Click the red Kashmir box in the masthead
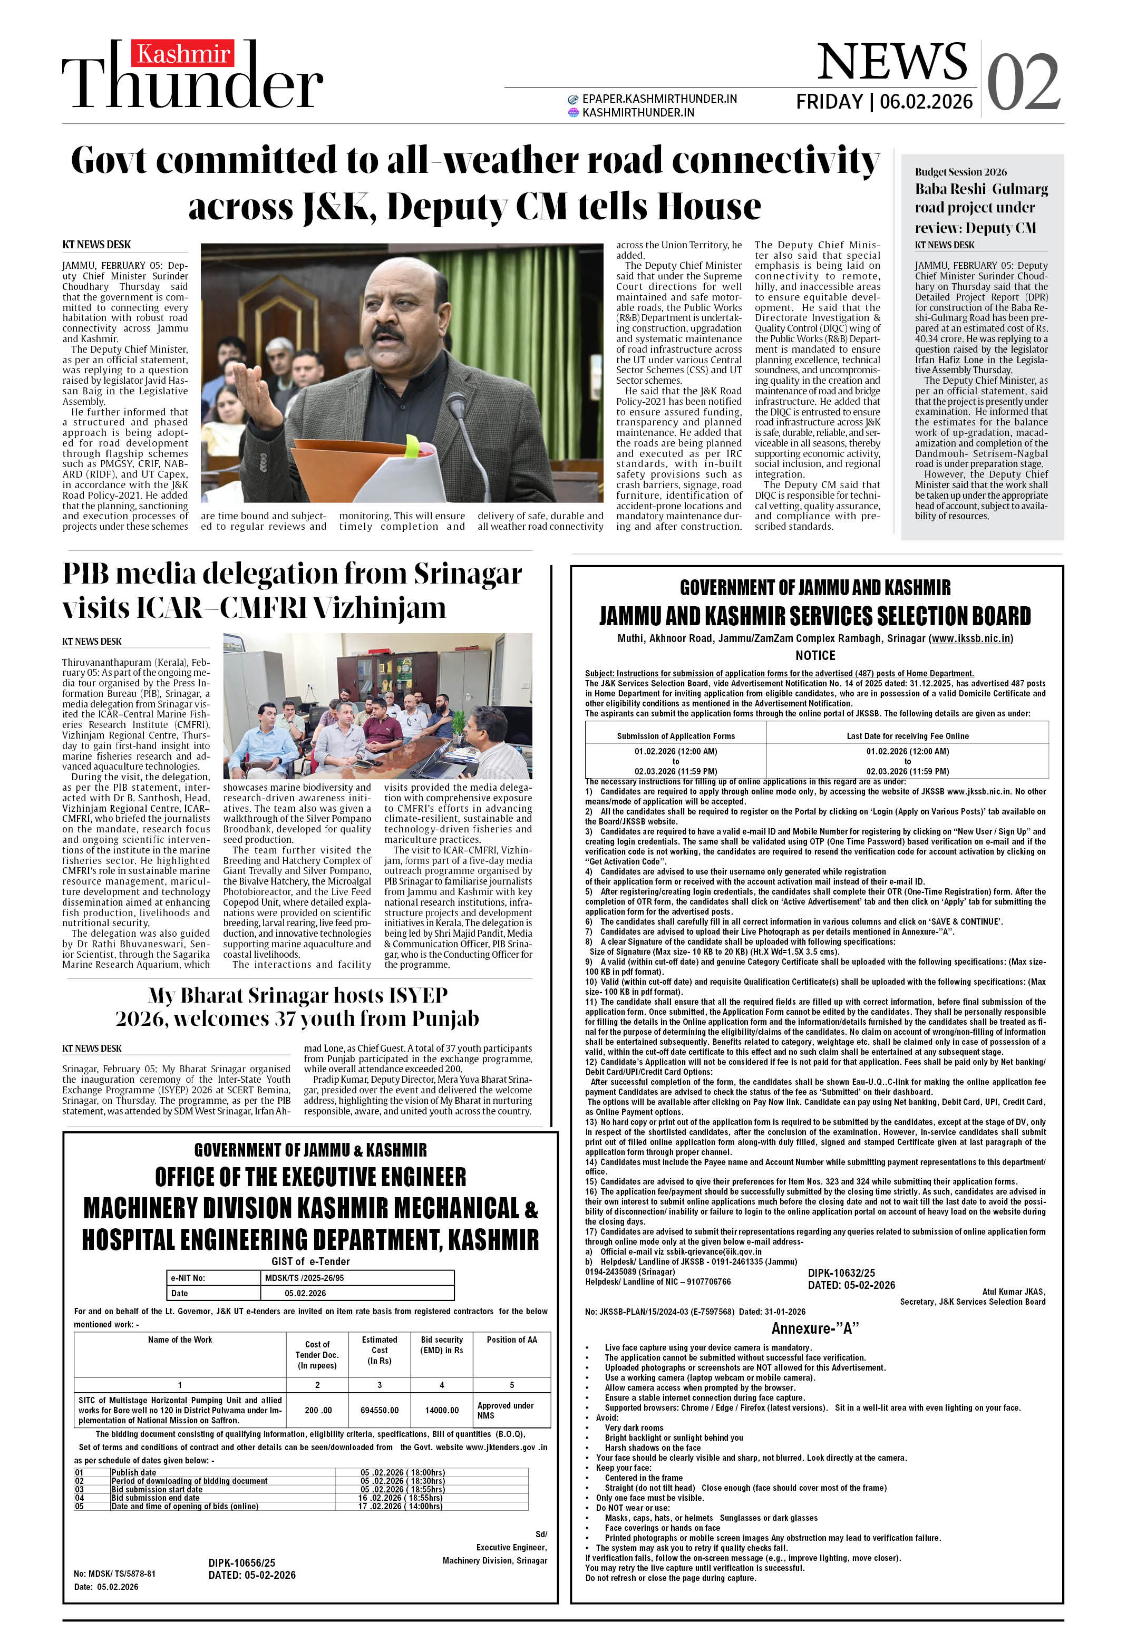click(x=182, y=54)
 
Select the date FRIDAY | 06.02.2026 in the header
click(x=884, y=102)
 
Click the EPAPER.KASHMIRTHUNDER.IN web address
click(x=659, y=99)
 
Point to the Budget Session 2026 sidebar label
click(x=960, y=172)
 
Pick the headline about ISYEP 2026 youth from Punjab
click(x=297, y=1007)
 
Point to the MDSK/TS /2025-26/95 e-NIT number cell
click(x=304, y=1277)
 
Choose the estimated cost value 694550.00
click(x=379, y=1410)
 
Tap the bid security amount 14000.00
click(x=442, y=1410)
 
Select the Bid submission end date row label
click(x=156, y=1497)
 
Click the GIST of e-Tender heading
click(x=310, y=1261)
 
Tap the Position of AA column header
click(x=511, y=1340)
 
